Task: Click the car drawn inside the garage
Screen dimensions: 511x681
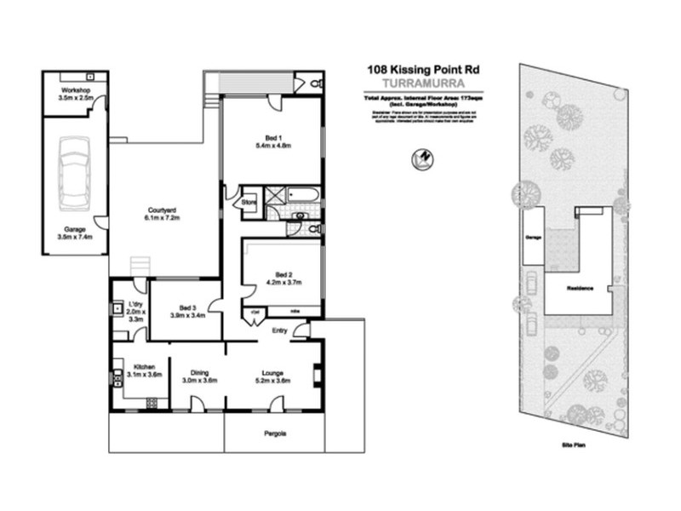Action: point(73,171)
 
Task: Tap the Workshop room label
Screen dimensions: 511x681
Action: point(76,89)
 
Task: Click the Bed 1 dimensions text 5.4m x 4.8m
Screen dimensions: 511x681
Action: point(274,146)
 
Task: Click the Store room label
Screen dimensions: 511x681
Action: point(249,203)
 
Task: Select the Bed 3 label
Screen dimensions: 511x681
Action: point(188,308)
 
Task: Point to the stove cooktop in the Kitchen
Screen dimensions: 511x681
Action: point(152,402)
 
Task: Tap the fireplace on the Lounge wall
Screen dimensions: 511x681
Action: point(318,375)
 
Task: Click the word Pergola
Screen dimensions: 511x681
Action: point(274,433)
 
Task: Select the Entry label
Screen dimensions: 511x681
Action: point(279,330)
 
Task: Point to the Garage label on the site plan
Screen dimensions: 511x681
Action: point(533,238)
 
